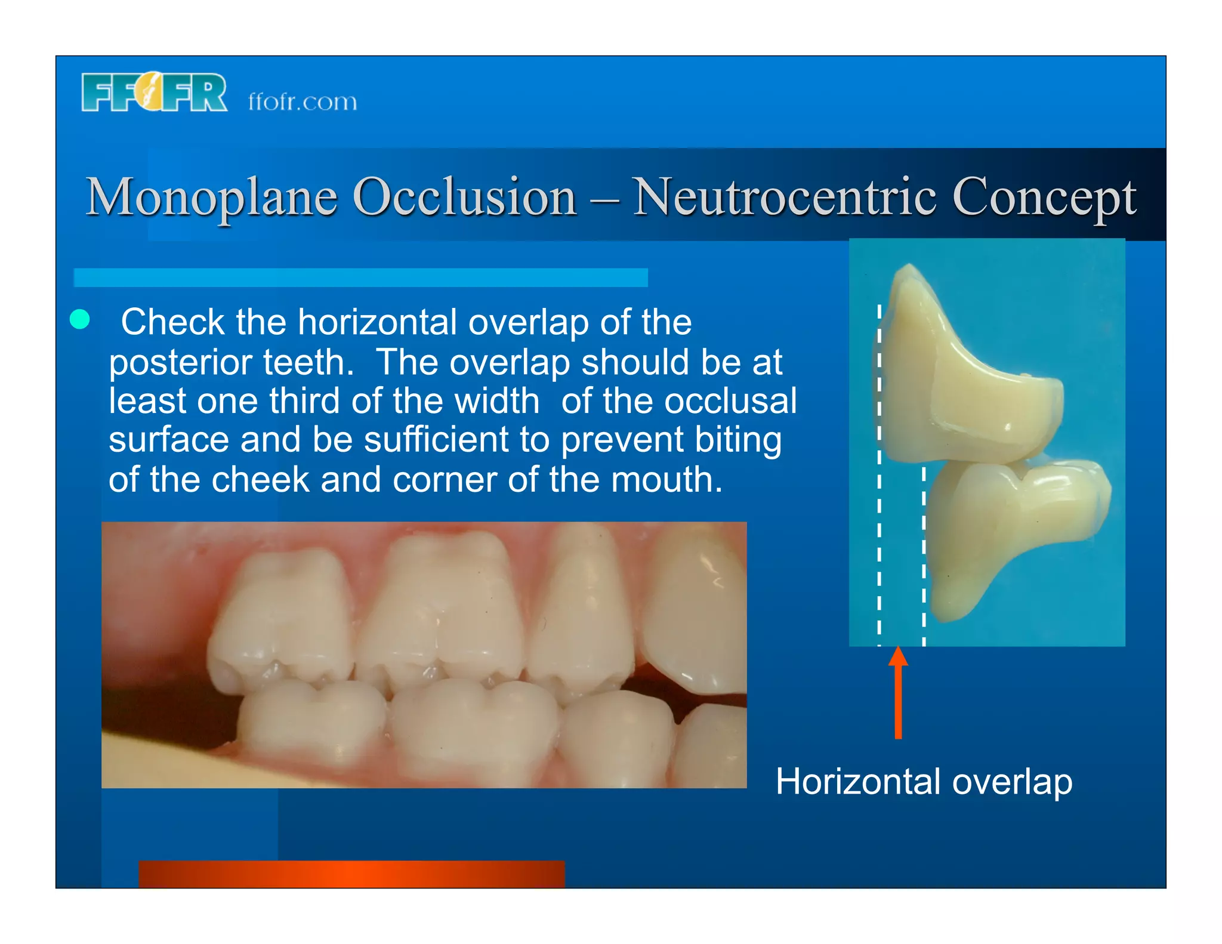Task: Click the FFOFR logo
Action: click(154, 92)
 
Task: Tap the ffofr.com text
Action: click(303, 102)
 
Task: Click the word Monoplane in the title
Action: click(212, 197)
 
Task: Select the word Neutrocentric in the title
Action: click(783, 197)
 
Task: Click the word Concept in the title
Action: click(1044, 198)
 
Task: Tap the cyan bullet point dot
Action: click(80, 319)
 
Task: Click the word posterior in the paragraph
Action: click(179, 363)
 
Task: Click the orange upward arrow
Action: click(898, 692)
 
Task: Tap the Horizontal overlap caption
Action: click(924, 781)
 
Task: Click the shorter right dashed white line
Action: click(924, 555)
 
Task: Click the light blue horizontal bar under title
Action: click(360, 277)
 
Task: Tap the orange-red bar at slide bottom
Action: click(351, 874)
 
